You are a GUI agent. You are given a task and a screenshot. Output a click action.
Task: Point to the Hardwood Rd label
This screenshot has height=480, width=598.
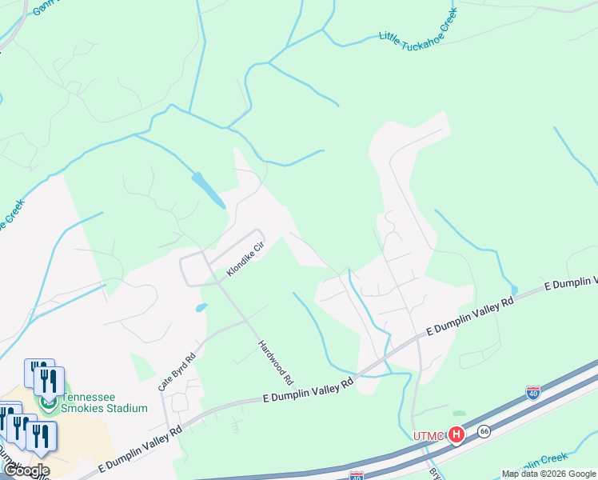[276, 362]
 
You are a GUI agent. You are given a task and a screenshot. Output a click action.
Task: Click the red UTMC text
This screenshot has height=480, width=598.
[428, 436]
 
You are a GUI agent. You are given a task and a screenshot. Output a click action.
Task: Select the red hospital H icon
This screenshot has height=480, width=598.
[456, 435]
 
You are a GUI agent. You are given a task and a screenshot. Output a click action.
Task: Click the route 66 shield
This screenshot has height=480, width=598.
[484, 431]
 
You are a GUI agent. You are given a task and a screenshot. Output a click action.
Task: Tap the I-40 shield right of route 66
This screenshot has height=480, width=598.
[533, 392]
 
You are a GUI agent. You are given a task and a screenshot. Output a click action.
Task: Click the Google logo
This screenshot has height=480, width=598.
[26, 470]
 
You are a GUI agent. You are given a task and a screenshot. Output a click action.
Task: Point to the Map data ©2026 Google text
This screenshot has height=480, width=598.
[548, 474]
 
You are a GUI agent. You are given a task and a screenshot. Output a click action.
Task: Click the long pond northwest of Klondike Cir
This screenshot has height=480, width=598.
[209, 189]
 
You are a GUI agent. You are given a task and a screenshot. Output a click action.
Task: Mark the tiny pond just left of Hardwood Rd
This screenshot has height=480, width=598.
[201, 306]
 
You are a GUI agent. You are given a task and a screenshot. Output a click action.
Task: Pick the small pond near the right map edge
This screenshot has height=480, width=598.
[513, 290]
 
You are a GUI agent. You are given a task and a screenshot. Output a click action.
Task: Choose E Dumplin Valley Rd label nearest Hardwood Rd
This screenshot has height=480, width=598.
[308, 391]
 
